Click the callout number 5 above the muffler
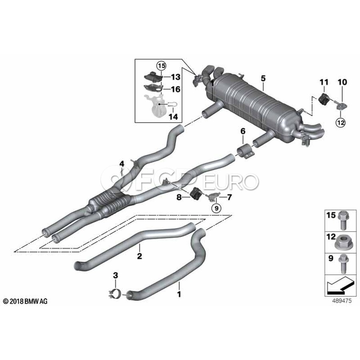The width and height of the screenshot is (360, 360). point(263,78)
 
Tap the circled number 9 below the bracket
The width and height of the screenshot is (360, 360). point(216,208)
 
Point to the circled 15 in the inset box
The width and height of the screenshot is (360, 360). point(161,66)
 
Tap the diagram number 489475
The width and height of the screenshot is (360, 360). point(342,301)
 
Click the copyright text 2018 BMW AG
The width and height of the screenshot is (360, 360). point(26,301)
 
